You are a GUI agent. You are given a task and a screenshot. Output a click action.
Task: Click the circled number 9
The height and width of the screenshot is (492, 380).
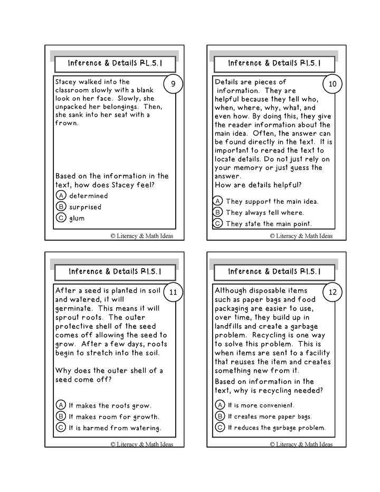click(x=174, y=84)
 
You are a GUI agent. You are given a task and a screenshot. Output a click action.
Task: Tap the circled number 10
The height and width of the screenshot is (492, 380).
click(x=332, y=84)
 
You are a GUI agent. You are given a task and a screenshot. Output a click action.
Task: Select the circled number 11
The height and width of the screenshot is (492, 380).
click(x=174, y=292)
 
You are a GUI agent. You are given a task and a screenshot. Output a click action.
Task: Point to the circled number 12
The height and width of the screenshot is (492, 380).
click(x=332, y=292)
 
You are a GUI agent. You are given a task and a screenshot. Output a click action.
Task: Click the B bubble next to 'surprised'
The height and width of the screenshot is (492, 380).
click(x=61, y=207)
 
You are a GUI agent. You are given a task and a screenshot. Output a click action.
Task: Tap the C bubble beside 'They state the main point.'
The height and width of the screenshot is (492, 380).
click(x=217, y=223)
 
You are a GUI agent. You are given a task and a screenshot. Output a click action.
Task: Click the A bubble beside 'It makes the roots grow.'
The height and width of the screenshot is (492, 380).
click(x=61, y=405)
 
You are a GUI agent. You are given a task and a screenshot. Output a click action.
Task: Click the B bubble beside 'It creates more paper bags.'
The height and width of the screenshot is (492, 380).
click(x=220, y=417)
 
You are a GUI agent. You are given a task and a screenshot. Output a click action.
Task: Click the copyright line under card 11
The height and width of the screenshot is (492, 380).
click(x=141, y=444)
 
